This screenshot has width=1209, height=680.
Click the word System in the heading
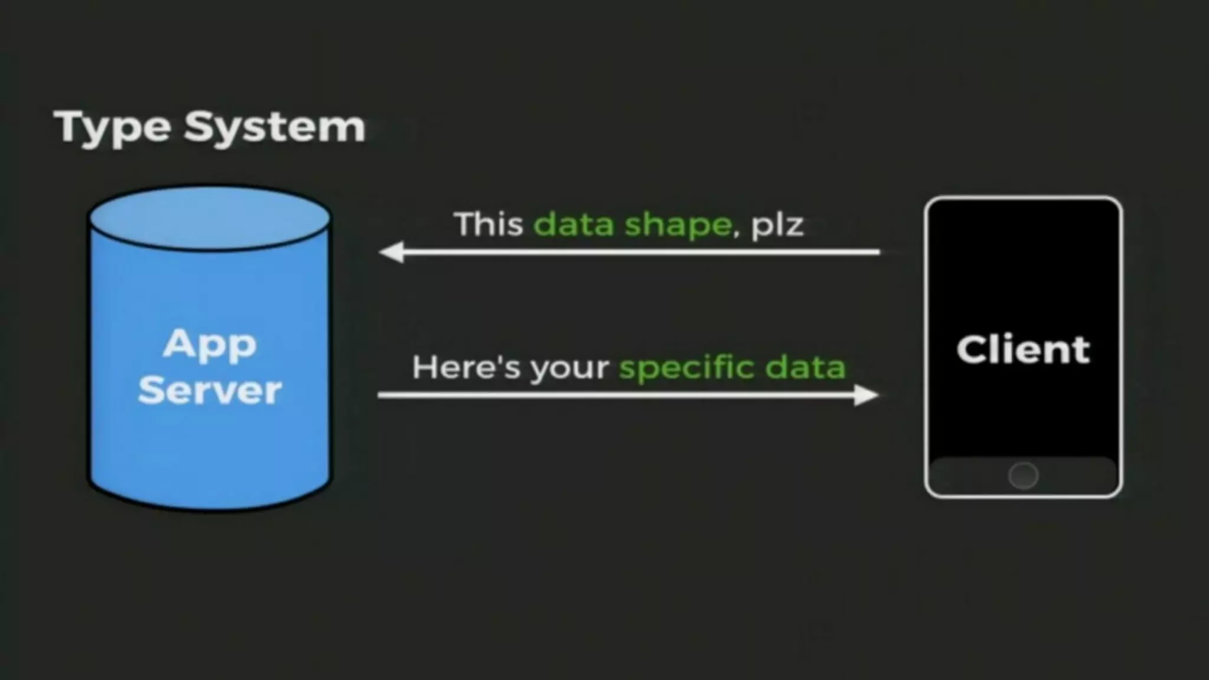275,127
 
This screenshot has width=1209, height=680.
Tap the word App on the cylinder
210,344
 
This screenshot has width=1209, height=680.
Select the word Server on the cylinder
210,390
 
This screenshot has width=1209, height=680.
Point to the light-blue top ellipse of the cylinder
210,217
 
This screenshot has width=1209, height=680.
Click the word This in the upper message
489,224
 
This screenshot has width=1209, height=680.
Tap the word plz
777,225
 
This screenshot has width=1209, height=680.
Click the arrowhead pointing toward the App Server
391,252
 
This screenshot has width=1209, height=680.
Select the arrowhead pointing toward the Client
866,395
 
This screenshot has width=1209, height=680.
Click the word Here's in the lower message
466,367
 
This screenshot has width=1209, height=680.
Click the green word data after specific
805,367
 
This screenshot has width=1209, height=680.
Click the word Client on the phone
1023,349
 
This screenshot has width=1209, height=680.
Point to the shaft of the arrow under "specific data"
614,395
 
